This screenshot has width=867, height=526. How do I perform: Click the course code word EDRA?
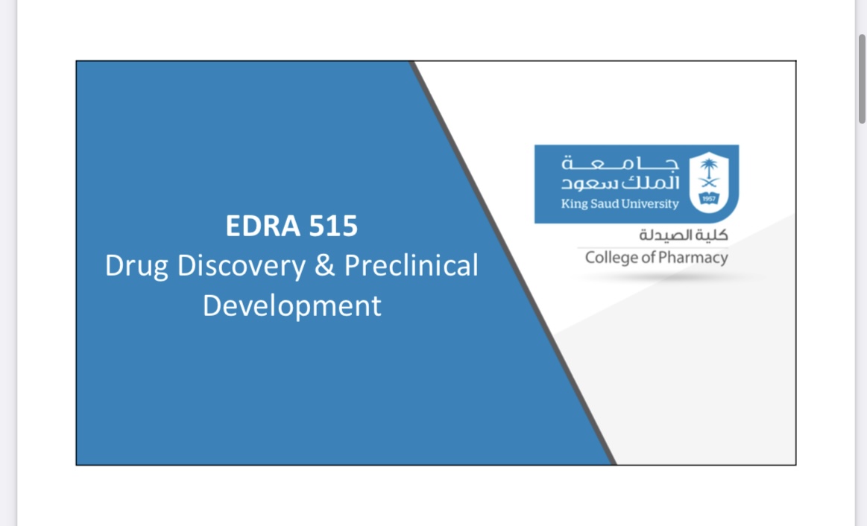262,226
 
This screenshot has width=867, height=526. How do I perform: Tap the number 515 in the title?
333,226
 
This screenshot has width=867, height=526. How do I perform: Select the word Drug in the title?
136,267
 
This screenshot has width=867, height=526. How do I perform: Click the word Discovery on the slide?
241,267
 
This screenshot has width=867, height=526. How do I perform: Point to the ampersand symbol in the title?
324,265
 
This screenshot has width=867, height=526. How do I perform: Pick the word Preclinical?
412,265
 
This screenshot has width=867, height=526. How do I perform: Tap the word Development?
292,306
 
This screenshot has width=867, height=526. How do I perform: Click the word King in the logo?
575,204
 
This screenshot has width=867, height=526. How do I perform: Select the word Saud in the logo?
605,204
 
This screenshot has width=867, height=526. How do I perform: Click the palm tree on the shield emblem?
709,166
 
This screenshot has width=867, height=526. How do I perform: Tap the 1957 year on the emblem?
709,198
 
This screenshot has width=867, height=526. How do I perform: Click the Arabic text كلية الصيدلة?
684,235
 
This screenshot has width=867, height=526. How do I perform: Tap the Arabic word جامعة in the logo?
620,163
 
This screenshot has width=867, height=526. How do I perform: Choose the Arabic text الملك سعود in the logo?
620,183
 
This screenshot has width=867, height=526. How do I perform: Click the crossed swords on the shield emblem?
709,183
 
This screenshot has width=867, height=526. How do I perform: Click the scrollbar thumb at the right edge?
862,79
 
